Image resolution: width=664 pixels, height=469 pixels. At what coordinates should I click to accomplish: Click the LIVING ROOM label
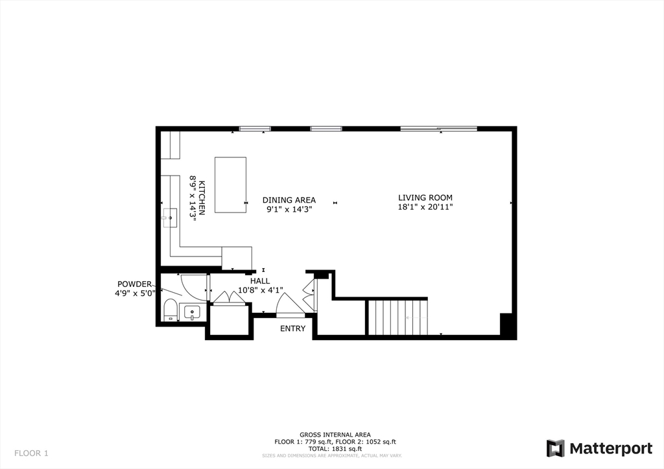[425, 198]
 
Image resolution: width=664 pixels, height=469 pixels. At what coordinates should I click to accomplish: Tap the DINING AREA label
[289, 200]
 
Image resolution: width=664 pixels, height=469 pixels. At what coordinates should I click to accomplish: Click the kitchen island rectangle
[230, 185]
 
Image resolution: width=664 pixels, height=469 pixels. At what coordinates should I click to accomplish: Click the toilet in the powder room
[171, 310]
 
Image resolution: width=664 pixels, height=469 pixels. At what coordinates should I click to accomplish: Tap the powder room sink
[192, 313]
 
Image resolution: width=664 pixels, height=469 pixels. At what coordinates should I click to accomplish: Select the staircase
[398, 317]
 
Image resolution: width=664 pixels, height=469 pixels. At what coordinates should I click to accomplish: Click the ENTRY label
[292, 328]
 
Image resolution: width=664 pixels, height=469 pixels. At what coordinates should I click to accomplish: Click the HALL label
[260, 281]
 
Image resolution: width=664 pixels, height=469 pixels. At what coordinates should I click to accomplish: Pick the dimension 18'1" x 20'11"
[425, 207]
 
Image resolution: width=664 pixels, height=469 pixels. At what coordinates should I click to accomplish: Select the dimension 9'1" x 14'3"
[289, 209]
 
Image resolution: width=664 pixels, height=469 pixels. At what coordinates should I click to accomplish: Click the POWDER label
[134, 284]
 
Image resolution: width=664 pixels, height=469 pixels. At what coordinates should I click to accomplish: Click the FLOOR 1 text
[31, 453]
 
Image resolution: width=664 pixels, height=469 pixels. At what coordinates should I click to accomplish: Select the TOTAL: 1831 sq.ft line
[335, 448]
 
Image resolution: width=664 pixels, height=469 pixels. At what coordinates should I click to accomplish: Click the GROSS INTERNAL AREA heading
[335, 435]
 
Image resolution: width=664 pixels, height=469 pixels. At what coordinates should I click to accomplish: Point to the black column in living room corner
[508, 325]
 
